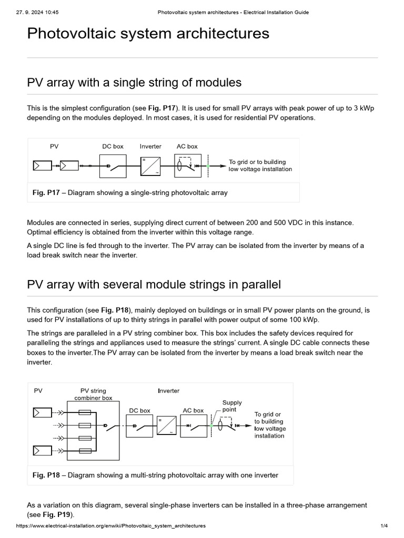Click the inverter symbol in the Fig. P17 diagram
(149, 166)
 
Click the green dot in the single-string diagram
(208, 166)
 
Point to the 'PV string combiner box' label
(93, 394)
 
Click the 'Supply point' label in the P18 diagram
(232, 406)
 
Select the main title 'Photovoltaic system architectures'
(148, 34)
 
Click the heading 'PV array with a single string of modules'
(134, 82)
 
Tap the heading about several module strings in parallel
(154, 285)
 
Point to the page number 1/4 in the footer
(383, 526)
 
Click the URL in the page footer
(111, 526)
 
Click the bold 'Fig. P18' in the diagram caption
(46, 475)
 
